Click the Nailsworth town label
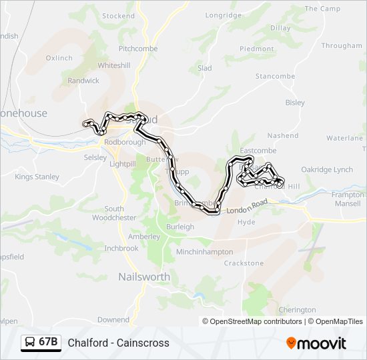point(143,277)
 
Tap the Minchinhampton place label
point(204,252)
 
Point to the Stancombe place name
point(275,77)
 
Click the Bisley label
point(294,103)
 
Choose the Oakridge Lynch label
point(326,169)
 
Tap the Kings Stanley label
point(37,177)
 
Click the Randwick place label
point(83,81)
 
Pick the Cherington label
point(297,310)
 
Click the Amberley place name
point(143,237)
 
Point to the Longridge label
point(224,15)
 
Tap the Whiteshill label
point(114,66)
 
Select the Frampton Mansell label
point(348,199)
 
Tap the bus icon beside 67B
point(31,343)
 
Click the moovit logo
point(316,343)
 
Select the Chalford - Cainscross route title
point(118,343)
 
